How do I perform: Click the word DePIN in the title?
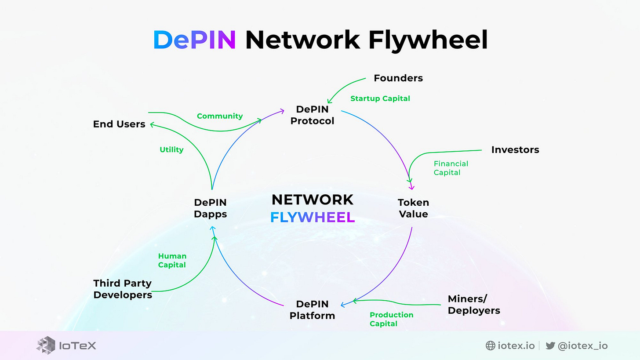point(195,40)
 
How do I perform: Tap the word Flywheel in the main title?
point(428,40)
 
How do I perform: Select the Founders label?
point(398,78)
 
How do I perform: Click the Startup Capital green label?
point(380,98)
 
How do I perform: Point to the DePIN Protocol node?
point(312,115)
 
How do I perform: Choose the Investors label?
point(515,150)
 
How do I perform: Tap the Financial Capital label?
point(451,168)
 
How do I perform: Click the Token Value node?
point(414,208)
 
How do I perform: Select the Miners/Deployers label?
point(474,305)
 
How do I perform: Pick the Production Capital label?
point(391,319)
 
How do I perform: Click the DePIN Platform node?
point(312,310)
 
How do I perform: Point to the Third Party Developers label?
point(123,289)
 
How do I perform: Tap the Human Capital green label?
point(172,260)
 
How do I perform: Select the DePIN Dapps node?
point(210,208)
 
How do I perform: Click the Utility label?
point(171,150)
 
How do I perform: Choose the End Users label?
point(119,124)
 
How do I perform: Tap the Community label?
point(220,116)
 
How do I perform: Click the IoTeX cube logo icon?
point(46,345)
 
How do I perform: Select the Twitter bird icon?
point(550,345)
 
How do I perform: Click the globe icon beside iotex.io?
point(490,345)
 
